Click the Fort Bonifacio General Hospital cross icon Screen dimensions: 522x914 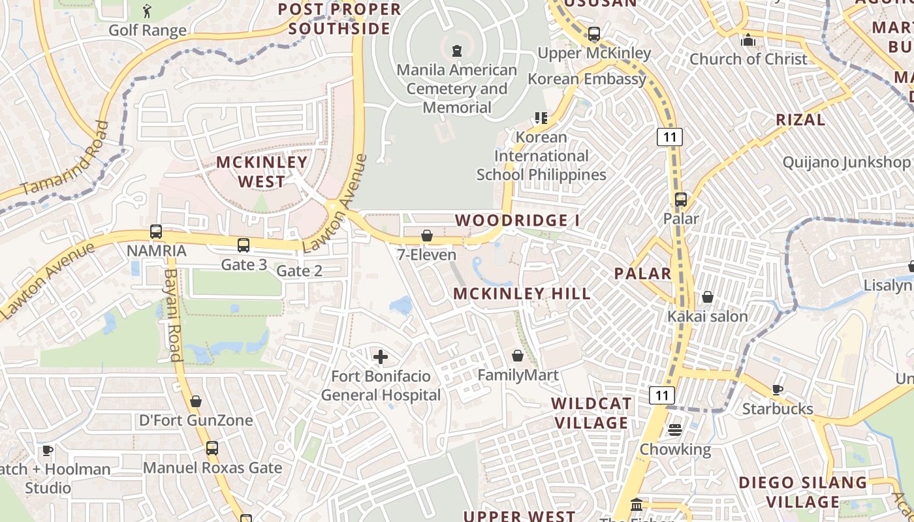[380, 357]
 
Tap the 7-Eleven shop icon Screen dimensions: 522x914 [427, 236]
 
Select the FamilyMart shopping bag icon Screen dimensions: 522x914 [518, 356]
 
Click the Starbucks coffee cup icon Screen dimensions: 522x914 [778, 390]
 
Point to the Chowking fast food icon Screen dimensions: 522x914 [674, 430]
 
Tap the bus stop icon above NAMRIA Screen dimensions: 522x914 [156, 232]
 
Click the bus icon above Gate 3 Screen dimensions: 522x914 [244, 245]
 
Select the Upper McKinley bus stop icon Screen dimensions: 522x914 [594, 34]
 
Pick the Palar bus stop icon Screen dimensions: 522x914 [681, 200]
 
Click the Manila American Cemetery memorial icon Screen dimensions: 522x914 [457, 50]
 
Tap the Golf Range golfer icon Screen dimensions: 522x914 [147, 11]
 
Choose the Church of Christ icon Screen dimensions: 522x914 [748, 40]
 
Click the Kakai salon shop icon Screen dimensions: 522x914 [707, 298]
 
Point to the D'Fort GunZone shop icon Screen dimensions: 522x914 [195, 401]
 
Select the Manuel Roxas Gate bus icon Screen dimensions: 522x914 [212, 448]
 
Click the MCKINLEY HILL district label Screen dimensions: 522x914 [522, 294]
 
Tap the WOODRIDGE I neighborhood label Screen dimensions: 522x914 [517, 221]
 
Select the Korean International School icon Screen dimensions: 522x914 [541, 118]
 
